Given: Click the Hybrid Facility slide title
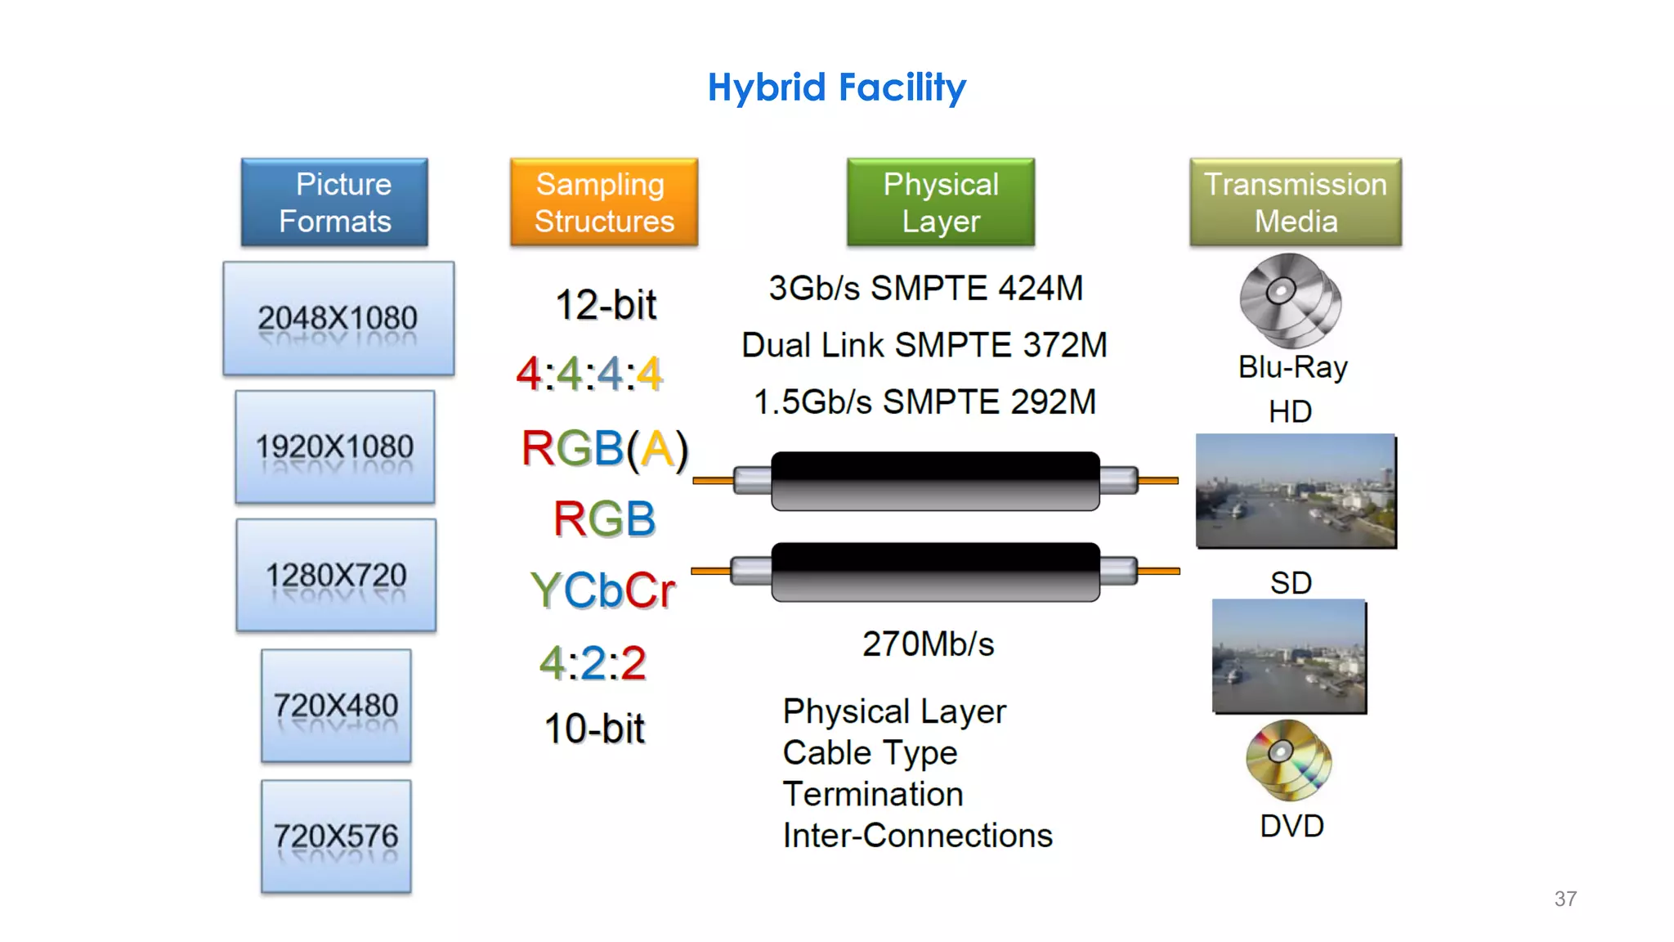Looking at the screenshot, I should pos(836,87).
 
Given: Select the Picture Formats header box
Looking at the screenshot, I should pos(334,202).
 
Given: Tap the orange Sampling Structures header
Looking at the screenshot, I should pos(604,202).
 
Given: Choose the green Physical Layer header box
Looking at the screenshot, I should pos(941,202).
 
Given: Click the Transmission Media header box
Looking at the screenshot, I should pos(1296,202).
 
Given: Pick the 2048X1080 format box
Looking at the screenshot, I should pos(338,318).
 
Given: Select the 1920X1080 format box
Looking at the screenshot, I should pos(335,446).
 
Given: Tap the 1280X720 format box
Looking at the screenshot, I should pos(336,575).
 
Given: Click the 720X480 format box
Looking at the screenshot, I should pos(336,705).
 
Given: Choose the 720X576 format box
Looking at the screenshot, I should pos(336,836).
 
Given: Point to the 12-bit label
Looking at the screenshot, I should pos(606,305).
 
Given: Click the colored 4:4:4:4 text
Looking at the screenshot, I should pos(589,375).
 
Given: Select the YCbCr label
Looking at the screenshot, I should pos(603,590).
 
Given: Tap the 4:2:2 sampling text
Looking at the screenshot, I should pos(593,662).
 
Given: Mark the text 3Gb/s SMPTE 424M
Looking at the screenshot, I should pos(925,288).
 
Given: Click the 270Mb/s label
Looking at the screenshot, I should pos(929,644).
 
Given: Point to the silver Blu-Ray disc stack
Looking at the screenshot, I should pos(1290,299).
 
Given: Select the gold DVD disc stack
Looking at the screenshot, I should pos(1288,760).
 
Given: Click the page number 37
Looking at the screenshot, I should pos(1565,899).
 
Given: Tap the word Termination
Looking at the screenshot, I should pos(873,794).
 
